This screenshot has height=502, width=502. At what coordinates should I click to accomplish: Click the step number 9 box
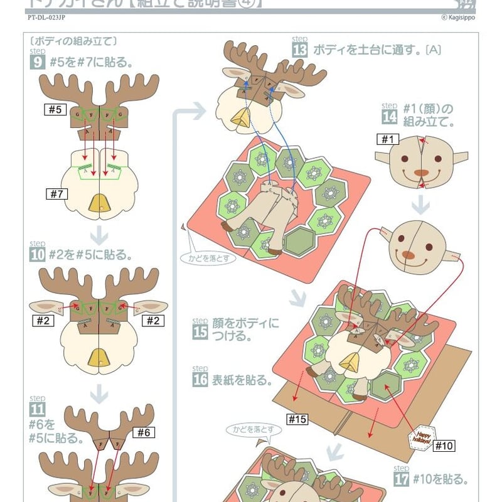point(37,62)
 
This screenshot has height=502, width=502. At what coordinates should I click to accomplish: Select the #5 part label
point(55,110)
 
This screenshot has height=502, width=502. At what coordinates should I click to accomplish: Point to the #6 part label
point(144,432)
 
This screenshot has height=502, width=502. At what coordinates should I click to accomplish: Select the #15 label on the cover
point(297,419)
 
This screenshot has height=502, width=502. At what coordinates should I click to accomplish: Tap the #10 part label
point(443,446)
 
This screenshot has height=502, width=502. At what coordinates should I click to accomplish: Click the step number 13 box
point(300,50)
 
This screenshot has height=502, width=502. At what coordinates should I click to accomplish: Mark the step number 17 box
point(402,479)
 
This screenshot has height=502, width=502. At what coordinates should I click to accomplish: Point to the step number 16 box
point(200,380)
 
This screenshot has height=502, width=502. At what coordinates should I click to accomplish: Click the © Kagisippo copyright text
point(459,18)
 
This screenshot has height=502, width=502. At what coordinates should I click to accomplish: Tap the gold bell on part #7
point(99,202)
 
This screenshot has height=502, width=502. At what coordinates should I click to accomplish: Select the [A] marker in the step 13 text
point(433,49)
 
